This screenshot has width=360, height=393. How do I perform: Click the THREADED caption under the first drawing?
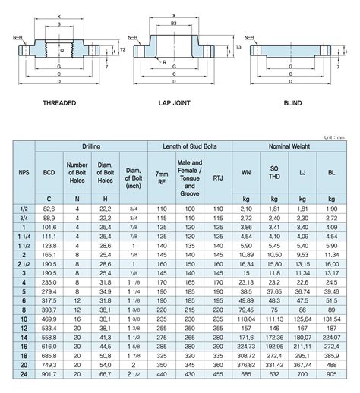tap(59, 102)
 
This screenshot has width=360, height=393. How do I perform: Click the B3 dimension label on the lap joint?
tap(174, 24)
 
